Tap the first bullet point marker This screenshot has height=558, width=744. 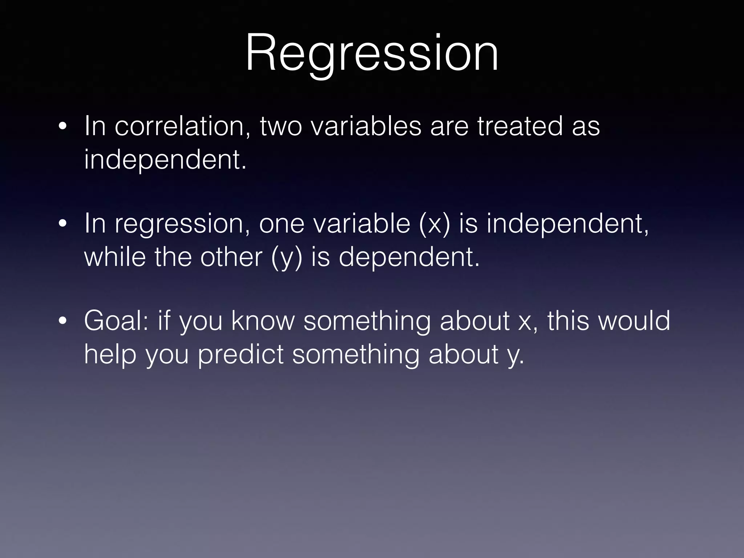pyautogui.click(x=62, y=127)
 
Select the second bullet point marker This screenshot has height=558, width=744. pyautogui.click(x=62, y=225)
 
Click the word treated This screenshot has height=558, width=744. pyautogui.click(x=520, y=126)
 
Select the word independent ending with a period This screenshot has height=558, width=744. pyautogui.click(x=165, y=160)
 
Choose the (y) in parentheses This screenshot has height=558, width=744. pyautogui.click(x=287, y=257)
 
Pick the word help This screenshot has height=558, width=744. pyautogui.click(x=110, y=355)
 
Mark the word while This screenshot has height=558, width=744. pyautogui.click(x=115, y=257)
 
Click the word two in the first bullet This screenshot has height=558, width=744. pyautogui.click(x=280, y=126)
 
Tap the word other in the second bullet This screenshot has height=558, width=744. pyautogui.click(x=231, y=257)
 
